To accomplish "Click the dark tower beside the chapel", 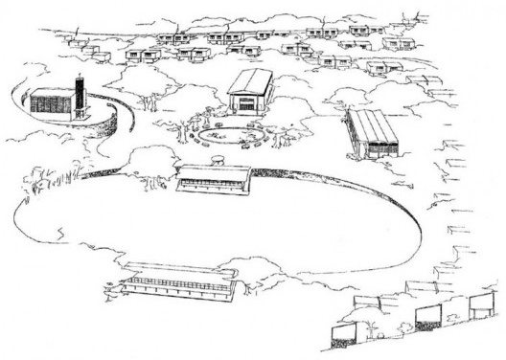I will [x=81, y=96].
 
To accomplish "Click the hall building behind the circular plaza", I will [x=251, y=89].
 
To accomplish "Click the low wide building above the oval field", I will [x=215, y=177].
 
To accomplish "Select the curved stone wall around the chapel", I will [x=120, y=124].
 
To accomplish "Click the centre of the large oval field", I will [x=211, y=230].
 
